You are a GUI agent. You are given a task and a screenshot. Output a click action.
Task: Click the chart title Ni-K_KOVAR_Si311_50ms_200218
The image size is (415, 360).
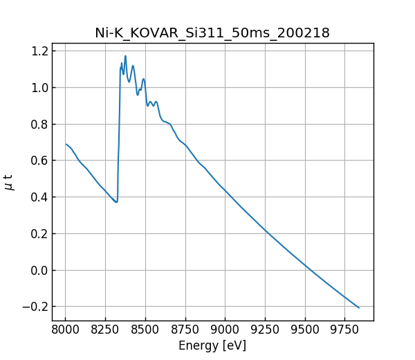(x=212, y=33)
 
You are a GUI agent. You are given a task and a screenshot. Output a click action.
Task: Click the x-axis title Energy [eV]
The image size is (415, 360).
(x=212, y=345)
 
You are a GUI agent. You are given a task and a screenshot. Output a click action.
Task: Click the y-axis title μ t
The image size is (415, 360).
(x=9, y=182)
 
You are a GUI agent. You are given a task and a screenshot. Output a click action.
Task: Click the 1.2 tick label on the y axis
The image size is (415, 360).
(x=40, y=51)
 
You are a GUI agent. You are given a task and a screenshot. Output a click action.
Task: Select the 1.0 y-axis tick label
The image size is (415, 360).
(x=40, y=88)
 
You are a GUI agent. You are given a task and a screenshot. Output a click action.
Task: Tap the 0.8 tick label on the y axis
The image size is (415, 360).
(x=40, y=125)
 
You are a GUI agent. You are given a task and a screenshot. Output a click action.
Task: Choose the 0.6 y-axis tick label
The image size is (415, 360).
(x=40, y=161)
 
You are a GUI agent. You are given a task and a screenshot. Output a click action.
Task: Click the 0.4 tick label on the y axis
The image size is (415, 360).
(x=40, y=197)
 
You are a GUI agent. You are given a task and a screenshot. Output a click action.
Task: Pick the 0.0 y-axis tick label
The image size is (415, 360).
(x=40, y=270)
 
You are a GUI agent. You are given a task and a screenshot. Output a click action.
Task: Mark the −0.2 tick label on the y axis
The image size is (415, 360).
(x=36, y=307)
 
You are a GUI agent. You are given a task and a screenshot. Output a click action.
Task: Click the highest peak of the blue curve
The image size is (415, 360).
(x=125, y=56)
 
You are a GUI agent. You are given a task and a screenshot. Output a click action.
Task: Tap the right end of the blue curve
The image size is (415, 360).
(x=359, y=307)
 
